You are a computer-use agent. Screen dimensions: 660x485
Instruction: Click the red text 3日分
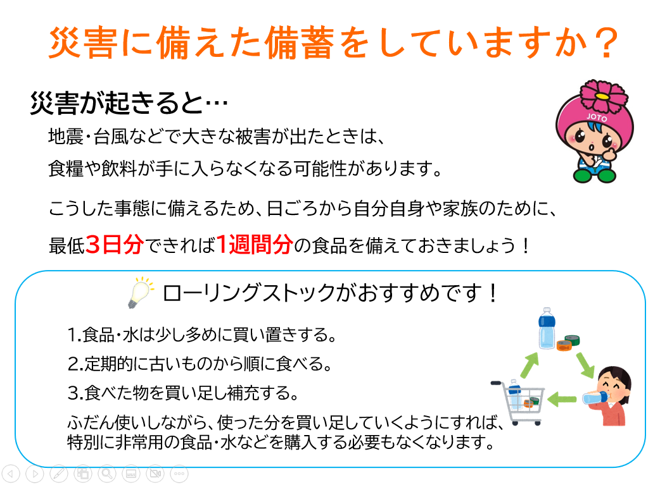[x=115, y=244]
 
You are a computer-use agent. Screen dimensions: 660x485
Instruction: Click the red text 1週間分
[x=255, y=244]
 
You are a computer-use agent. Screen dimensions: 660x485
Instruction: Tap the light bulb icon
[x=140, y=292]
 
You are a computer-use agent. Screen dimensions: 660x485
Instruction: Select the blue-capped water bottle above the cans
[x=547, y=328]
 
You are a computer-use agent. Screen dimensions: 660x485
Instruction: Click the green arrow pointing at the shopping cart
[x=561, y=398]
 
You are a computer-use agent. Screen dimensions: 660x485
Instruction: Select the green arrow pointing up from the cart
[x=530, y=365]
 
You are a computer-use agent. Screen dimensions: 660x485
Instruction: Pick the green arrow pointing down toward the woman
[x=585, y=364]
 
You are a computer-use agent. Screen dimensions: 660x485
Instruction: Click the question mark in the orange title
[x=606, y=43]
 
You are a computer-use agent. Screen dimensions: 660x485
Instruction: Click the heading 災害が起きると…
[x=129, y=102]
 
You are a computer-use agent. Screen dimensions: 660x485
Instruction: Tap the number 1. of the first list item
[x=74, y=335]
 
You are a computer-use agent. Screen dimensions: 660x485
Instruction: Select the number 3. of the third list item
[x=75, y=393]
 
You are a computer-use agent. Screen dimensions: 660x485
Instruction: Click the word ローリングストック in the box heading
[x=248, y=293]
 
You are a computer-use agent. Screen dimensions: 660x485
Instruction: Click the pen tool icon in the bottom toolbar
[x=58, y=474]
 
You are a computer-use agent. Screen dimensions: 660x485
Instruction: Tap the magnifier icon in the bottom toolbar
[x=107, y=474]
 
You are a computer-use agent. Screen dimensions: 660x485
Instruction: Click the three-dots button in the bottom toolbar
[x=179, y=474]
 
